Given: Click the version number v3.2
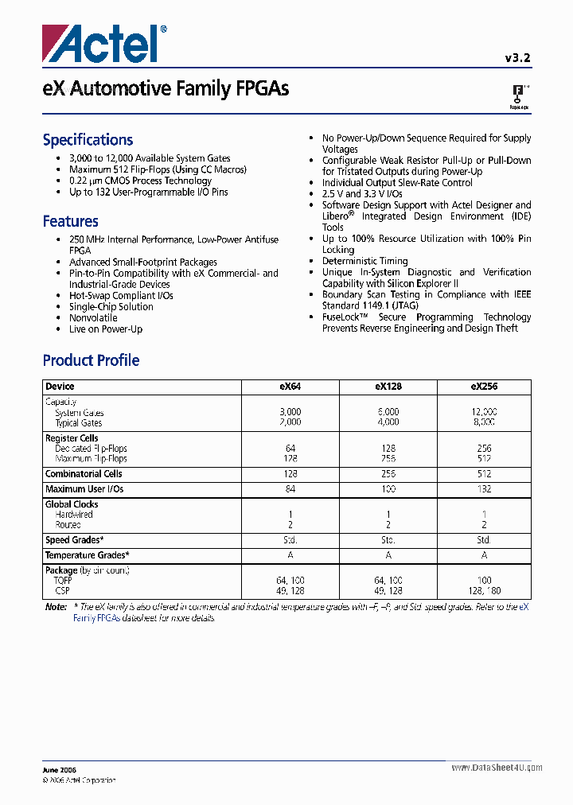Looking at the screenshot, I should click(516, 57).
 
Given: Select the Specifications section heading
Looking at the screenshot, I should click(88, 140).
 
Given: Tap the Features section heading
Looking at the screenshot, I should click(70, 221).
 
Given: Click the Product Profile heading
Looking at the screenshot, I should click(91, 360).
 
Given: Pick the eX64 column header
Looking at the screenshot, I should click(290, 387).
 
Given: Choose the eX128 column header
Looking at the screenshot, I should click(388, 387).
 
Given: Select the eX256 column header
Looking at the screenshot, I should click(484, 387).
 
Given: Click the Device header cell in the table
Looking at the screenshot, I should click(60, 387).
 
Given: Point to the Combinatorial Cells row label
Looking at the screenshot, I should click(84, 474).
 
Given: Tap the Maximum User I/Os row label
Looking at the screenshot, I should click(84, 488).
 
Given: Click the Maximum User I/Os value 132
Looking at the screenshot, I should click(484, 488).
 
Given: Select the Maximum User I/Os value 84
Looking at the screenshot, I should click(290, 488).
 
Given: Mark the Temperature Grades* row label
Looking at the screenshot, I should click(87, 555).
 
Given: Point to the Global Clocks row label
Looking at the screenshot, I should click(72, 504).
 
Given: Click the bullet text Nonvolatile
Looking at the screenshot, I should click(93, 317).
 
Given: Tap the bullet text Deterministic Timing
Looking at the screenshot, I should click(364, 261).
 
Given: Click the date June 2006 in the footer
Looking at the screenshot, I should click(60, 769).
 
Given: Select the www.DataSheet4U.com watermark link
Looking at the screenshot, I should click(497, 768).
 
